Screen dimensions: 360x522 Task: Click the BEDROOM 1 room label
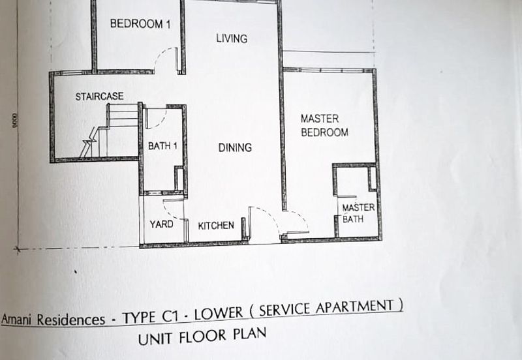[140, 24]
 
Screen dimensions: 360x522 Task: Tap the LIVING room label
[232, 38]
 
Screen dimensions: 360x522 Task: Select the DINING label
[234, 147]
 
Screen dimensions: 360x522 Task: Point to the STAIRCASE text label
[99, 97]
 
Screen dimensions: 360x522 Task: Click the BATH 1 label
[162, 146]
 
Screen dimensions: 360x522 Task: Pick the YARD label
[162, 224]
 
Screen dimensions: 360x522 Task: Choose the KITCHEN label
[216, 226]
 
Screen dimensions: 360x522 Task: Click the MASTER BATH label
[359, 213]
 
